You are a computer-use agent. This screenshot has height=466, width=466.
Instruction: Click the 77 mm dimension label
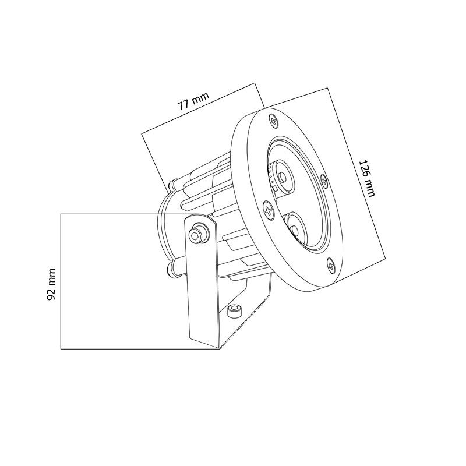click(x=193, y=101)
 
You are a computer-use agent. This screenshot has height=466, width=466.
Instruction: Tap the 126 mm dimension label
click(x=367, y=179)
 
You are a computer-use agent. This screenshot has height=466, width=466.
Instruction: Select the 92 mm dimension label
click(x=51, y=284)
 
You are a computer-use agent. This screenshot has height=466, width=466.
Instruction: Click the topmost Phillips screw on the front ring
click(x=274, y=121)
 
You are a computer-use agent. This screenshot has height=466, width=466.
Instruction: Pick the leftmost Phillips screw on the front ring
click(x=269, y=210)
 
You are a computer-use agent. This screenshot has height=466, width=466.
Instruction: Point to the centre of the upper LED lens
click(x=283, y=178)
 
